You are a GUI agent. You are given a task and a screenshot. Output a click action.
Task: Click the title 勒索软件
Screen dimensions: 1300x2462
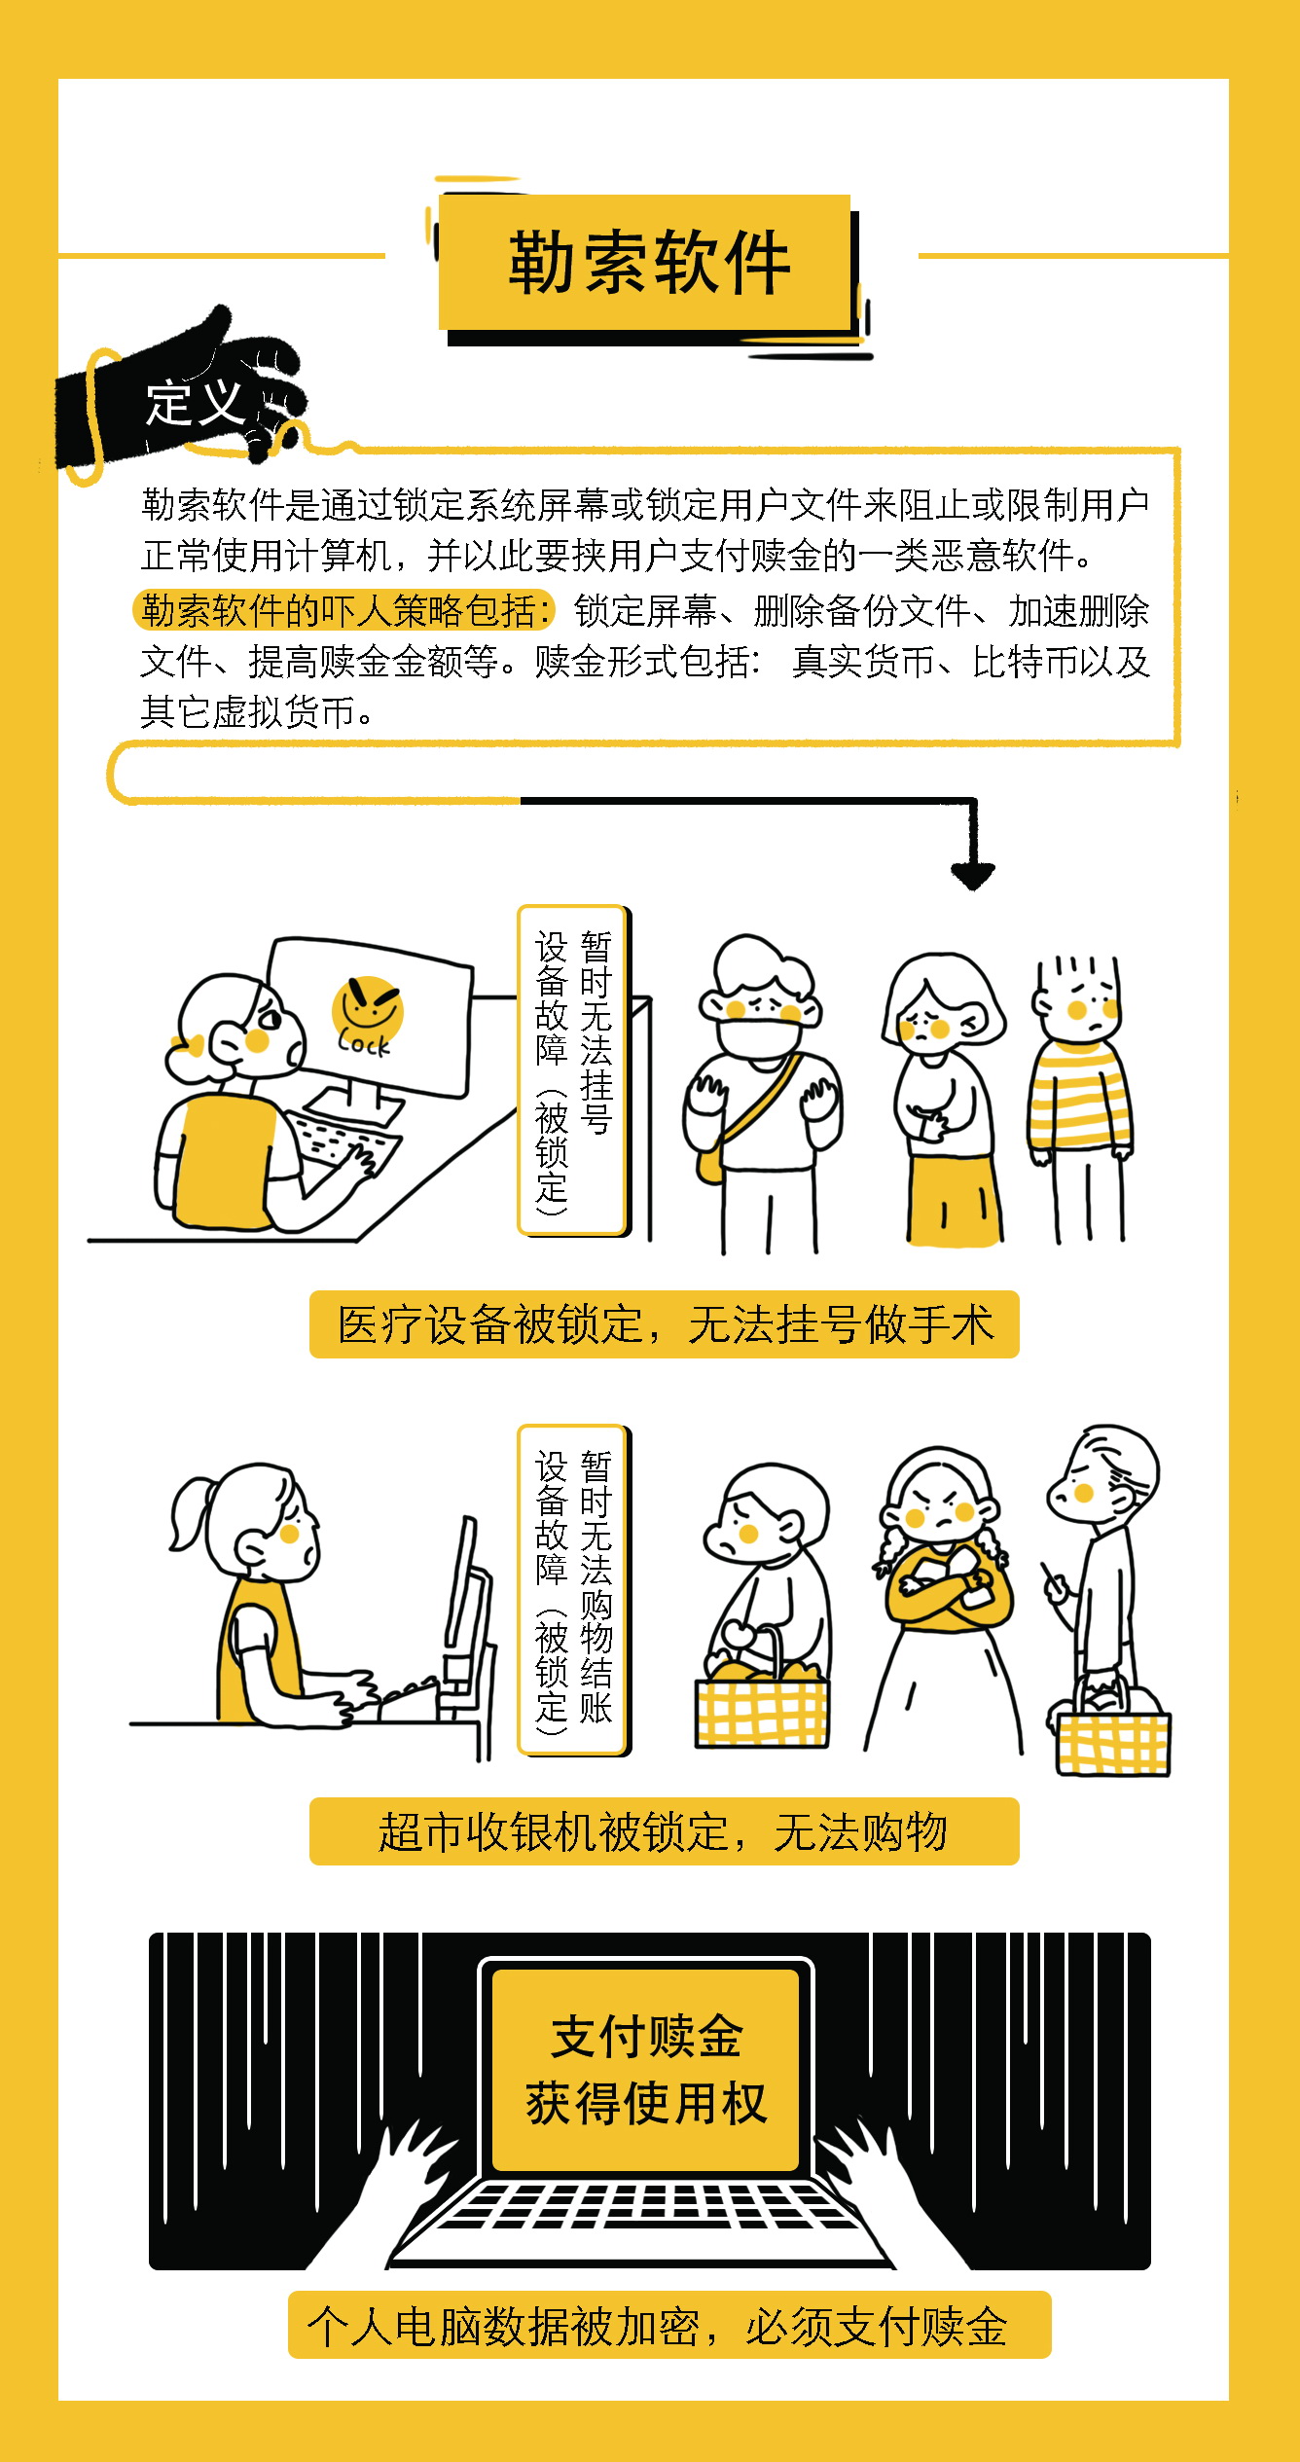tap(649, 262)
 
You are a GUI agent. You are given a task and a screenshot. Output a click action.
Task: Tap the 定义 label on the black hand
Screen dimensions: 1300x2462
tap(195, 403)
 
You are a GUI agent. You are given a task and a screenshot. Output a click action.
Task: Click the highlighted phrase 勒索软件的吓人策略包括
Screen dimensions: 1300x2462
tap(343, 610)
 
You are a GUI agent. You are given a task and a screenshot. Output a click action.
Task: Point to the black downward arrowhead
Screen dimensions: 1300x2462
tap(972, 875)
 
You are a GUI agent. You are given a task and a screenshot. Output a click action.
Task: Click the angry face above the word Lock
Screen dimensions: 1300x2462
tap(367, 1006)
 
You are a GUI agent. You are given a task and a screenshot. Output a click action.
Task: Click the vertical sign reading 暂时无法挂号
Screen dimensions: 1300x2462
tap(572, 1070)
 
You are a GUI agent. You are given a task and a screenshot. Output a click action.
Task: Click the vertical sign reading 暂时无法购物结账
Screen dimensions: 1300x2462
tap(572, 1590)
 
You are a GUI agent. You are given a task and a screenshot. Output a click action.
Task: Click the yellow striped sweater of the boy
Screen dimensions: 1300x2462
tap(1079, 1094)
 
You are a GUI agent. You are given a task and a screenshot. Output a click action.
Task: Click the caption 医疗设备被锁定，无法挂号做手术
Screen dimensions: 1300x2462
tap(665, 1324)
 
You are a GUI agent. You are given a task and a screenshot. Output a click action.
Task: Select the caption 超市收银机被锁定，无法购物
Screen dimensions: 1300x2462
tap(665, 1832)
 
